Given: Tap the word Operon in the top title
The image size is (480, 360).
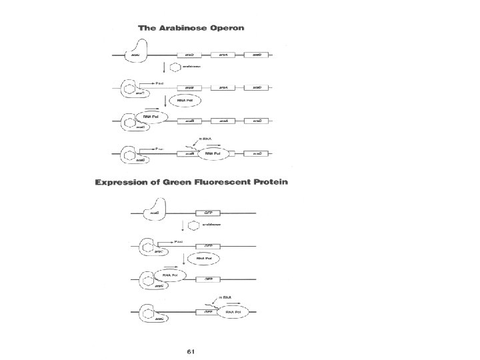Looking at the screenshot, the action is pyautogui.click(x=225, y=28).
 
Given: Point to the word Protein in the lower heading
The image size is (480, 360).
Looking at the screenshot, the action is pyautogui.click(x=267, y=182).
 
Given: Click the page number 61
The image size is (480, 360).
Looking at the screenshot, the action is pyautogui.click(x=191, y=351).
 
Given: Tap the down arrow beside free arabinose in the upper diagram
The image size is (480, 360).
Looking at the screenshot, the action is pyautogui.click(x=163, y=67).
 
